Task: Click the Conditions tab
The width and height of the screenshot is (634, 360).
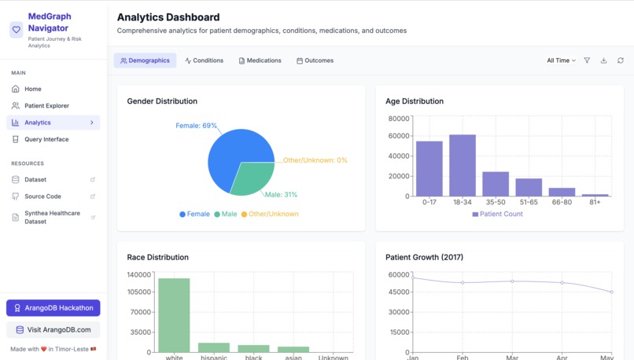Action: click(205, 61)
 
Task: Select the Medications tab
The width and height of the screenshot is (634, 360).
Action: click(260, 61)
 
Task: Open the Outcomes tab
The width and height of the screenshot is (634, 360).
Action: click(315, 61)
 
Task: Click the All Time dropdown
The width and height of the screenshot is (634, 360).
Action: click(561, 61)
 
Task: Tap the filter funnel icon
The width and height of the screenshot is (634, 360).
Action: click(587, 61)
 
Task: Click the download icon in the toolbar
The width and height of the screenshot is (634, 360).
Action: click(603, 61)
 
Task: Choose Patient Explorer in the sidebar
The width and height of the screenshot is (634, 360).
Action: click(46, 105)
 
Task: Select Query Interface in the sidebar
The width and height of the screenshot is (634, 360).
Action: click(46, 139)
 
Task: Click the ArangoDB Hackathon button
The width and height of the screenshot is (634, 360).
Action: click(53, 308)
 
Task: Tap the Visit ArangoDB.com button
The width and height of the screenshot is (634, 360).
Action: click(53, 329)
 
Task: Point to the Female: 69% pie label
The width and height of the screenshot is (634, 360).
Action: click(196, 126)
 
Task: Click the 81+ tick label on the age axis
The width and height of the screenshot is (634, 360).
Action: click(595, 202)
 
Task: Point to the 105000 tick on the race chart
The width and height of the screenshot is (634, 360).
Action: click(138, 292)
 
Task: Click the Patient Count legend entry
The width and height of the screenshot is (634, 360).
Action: click(498, 214)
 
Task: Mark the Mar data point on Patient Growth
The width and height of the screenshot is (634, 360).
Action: click(512, 281)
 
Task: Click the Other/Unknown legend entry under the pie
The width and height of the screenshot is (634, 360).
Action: click(270, 214)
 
